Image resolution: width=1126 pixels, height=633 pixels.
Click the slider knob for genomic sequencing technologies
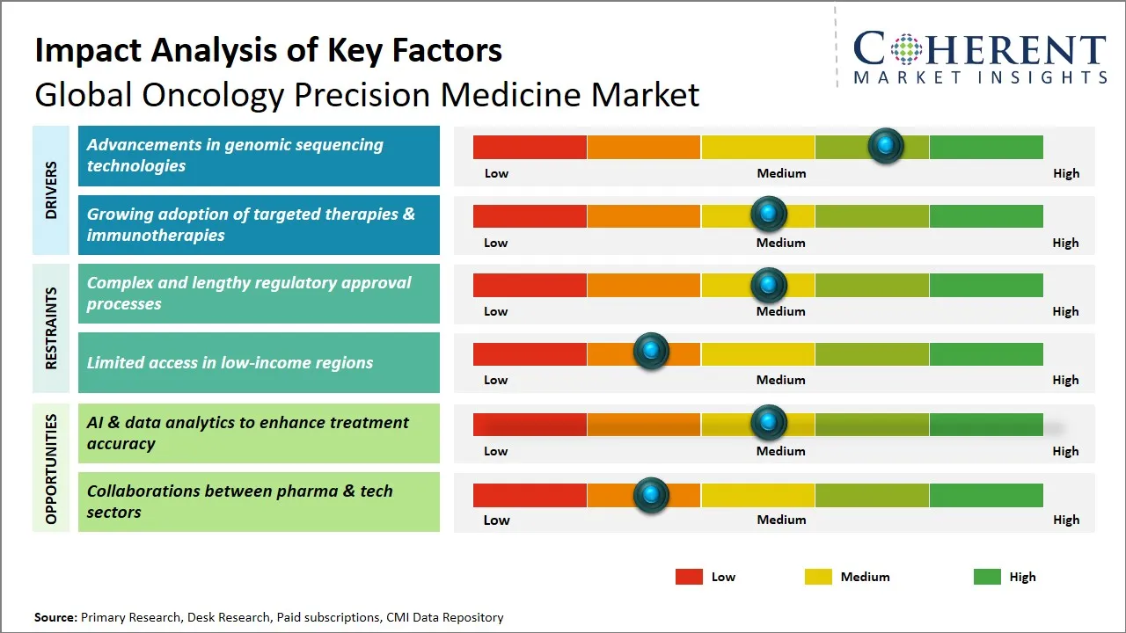click(886, 145)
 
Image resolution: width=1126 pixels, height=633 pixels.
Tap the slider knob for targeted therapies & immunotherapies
click(769, 214)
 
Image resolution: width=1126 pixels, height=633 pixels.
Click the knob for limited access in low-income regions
click(651, 352)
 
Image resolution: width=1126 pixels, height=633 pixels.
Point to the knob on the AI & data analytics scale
click(769, 423)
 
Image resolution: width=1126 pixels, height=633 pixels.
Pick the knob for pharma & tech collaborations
click(651, 495)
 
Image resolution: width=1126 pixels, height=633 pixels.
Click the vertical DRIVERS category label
click(51, 190)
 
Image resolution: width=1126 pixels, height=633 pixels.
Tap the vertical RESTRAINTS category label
click(51, 328)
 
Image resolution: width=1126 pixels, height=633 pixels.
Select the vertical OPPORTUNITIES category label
click(51, 469)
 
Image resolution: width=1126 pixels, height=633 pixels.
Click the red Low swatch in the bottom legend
click(689, 577)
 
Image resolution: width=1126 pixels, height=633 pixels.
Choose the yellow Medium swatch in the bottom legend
click(818, 577)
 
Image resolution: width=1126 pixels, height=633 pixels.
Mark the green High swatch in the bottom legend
click(987, 577)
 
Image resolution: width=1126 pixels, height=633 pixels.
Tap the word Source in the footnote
click(55, 617)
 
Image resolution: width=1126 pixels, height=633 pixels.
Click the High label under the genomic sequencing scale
click(1065, 173)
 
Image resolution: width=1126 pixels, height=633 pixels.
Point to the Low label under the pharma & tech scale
click(496, 520)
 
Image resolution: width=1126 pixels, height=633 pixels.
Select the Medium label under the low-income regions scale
click(780, 380)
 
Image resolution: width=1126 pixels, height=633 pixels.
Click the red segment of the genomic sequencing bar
click(530, 147)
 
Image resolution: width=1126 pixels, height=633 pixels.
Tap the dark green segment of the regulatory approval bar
click(985, 285)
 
